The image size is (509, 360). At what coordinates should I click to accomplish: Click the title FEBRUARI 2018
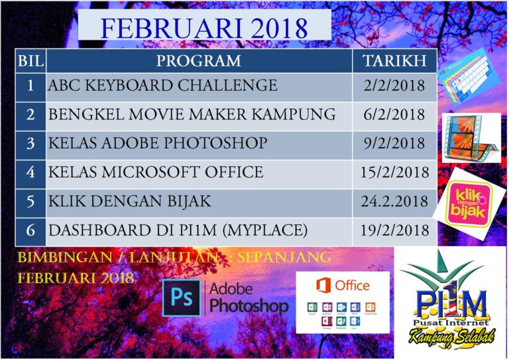click(x=204, y=29)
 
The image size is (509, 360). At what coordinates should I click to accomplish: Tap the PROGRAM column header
click(x=199, y=62)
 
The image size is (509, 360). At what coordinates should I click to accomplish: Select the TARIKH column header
click(x=394, y=62)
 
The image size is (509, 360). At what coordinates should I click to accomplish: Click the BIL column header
click(x=30, y=62)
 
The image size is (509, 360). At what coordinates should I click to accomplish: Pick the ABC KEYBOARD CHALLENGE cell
click(x=162, y=86)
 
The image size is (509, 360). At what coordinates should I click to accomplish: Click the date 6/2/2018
click(x=394, y=114)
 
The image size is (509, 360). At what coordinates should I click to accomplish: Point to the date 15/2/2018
click(x=394, y=172)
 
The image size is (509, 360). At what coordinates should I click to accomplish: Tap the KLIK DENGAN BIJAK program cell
click(x=129, y=202)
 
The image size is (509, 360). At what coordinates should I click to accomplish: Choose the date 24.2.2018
click(x=394, y=202)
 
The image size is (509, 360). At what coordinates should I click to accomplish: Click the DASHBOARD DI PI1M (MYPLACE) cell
click(x=178, y=231)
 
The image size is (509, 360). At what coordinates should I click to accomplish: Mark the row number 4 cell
click(x=30, y=172)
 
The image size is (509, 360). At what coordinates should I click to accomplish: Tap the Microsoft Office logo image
click(x=342, y=302)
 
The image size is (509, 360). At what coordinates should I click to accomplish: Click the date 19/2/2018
click(x=394, y=231)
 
